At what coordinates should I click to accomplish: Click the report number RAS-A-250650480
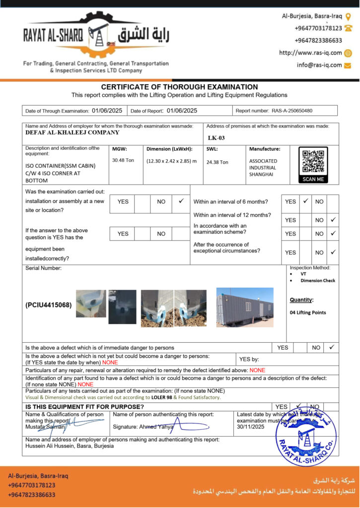tap(292, 111)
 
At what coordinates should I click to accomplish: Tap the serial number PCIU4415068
tap(49, 305)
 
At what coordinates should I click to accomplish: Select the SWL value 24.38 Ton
tap(217, 162)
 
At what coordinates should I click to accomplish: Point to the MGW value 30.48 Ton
tap(123, 160)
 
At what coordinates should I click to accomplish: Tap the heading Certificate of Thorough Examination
tap(179, 87)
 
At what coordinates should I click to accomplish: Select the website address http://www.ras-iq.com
tap(310, 53)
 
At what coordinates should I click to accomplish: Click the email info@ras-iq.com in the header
tap(319, 65)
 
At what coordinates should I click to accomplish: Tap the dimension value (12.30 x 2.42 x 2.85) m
tap(171, 161)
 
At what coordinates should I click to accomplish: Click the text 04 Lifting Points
tap(308, 313)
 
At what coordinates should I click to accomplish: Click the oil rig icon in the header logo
tap(96, 35)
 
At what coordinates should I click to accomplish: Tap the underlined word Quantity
tap(301, 300)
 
